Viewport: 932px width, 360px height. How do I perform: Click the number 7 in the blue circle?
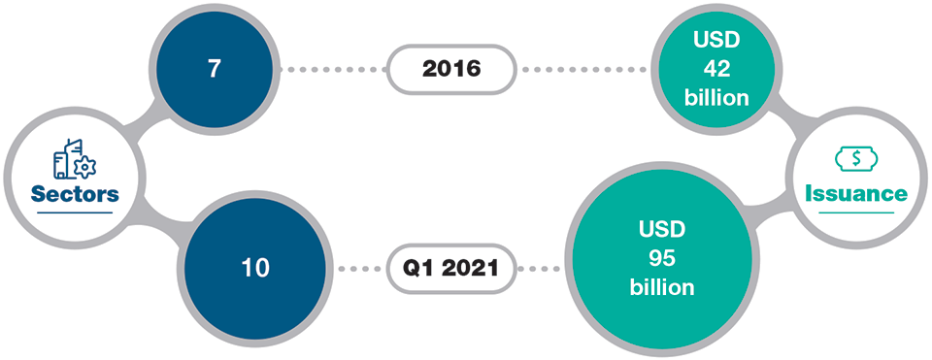pos(214,71)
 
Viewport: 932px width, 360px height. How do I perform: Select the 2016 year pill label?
pos(450,70)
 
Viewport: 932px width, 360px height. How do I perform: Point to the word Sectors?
pos(75,194)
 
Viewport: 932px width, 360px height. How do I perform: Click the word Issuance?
pos(855,194)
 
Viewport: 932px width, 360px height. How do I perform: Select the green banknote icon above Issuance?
pos(855,158)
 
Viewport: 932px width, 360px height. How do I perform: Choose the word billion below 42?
pos(716,97)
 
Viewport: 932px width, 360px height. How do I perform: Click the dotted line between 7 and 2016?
pos(333,70)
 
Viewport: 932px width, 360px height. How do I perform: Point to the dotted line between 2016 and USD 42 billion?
pos(582,70)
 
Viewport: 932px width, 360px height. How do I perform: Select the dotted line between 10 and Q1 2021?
pos(361,268)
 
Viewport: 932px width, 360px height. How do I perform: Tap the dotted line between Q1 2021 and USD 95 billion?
pos(539,268)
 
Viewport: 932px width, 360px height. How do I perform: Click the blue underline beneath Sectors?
pos(75,212)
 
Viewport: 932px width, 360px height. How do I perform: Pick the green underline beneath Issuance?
pos(855,212)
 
